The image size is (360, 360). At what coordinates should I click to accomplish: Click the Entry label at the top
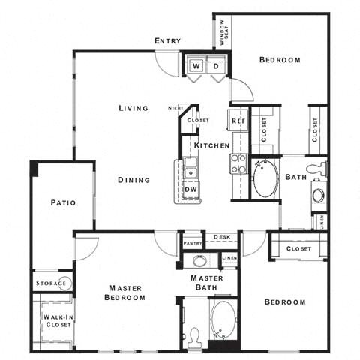pos(166,40)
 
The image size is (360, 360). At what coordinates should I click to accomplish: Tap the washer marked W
pos(196,67)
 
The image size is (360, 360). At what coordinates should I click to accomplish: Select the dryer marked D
pos(215,67)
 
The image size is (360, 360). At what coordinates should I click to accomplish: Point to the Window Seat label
pos(223,31)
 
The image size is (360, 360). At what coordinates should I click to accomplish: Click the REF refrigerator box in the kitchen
pos(238,121)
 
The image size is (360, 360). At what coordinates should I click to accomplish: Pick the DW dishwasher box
pos(190,190)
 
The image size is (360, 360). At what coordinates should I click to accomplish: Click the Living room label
pos(133,108)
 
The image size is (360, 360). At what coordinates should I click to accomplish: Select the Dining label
pos(133,180)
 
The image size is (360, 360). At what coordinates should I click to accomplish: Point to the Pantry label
pos(193,242)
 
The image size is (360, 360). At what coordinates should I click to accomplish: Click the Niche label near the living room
pos(175,108)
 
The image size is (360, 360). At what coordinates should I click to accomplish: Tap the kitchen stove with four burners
pos(238,163)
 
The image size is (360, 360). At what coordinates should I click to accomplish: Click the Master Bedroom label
pos(127,292)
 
